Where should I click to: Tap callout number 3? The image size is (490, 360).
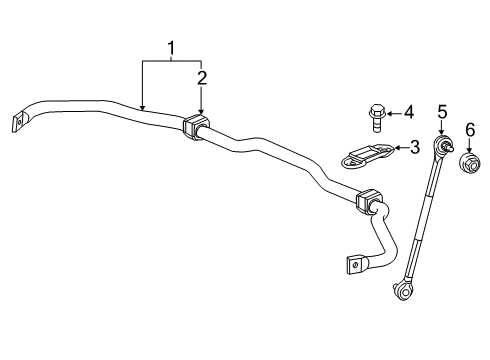[x=414, y=148]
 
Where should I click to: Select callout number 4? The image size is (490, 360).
[x=407, y=111]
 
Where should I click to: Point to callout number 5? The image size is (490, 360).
[x=441, y=114]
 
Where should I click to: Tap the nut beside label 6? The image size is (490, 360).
[x=468, y=163]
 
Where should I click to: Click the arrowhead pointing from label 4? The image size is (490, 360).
[x=391, y=111]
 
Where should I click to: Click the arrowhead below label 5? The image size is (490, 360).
[x=441, y=134]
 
